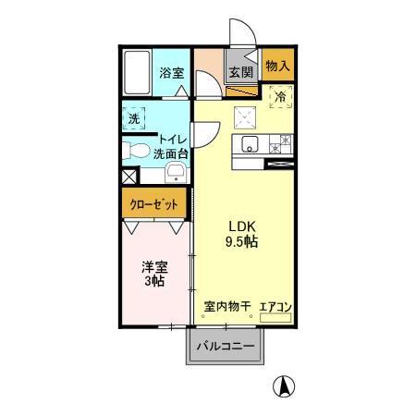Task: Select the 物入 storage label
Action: click(x=276, y=66)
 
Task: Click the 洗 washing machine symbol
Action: click(x=135, y=118)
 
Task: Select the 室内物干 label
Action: click(x=226, y=306)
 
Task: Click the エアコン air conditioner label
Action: click(x=275, y=306)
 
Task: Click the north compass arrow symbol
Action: click(x=288, y=385)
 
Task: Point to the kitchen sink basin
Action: click(x=249, y=144)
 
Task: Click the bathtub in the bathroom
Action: click(x=138, y=72)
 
